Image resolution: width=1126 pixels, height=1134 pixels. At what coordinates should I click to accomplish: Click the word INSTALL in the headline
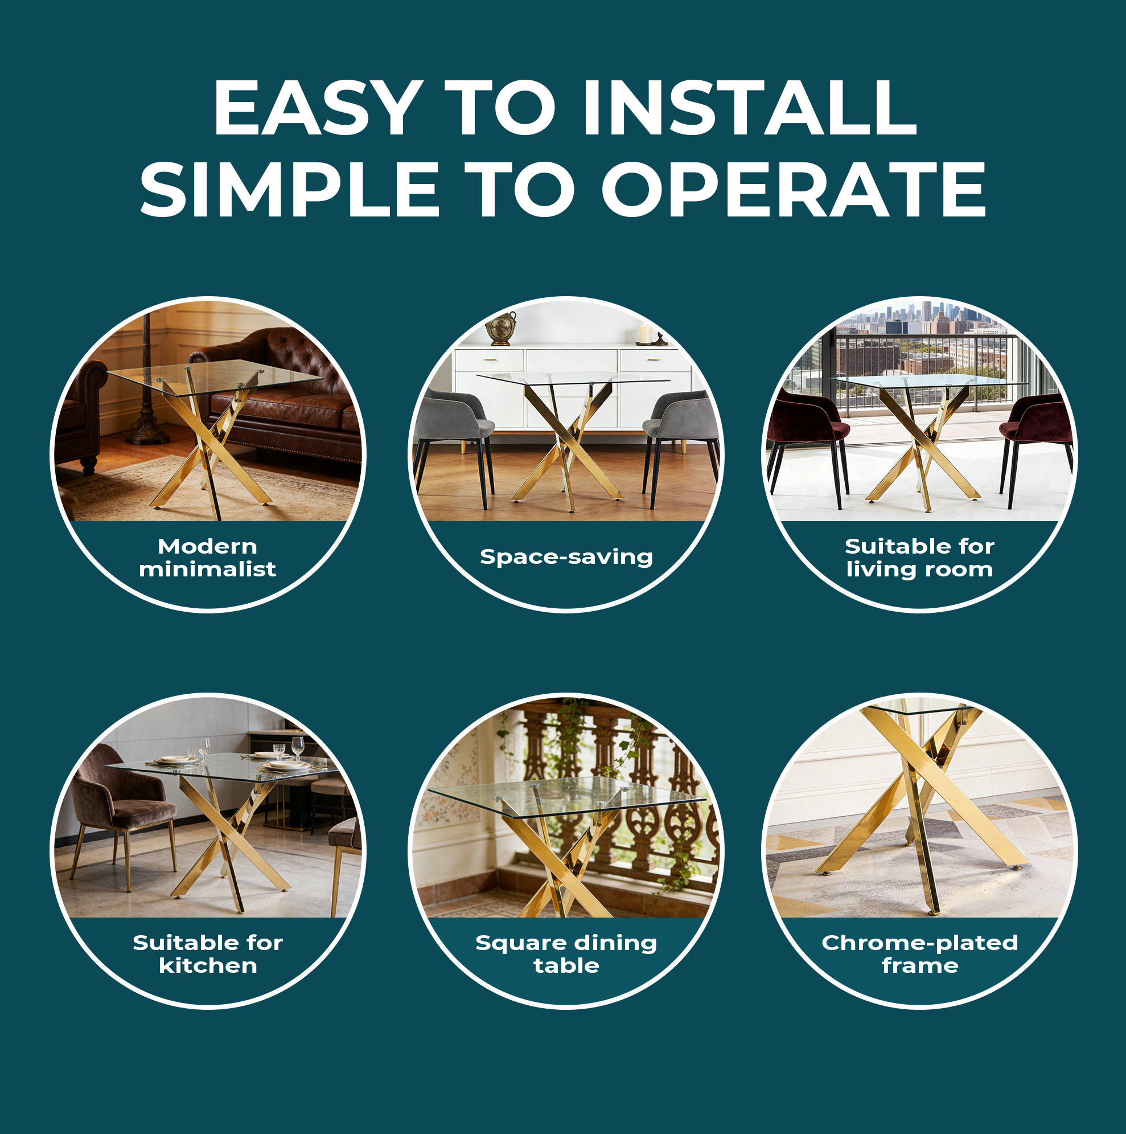pyautogui.click(x=749, y=108)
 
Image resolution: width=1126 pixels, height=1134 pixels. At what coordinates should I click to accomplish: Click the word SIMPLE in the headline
pyautogui.click(x=289, y=189)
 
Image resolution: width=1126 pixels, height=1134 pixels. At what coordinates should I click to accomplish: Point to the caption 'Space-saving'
pyautogui.click(x=566, y=556)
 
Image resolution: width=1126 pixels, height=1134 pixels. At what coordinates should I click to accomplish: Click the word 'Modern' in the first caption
pyautogui.click(x=208, y=546)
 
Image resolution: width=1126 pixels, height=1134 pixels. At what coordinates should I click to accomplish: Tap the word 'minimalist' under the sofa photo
pyautogui.click(x=208, y=569)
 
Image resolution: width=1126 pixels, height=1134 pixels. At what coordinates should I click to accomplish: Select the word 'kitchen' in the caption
pyautogui.click(x=208, y=965)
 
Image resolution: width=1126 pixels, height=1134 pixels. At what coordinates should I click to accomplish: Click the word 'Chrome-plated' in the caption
pyautogui.click(x=919, y=943)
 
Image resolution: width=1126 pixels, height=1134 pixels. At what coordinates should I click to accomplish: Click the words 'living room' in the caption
pyautogui.click(x=919, y=569)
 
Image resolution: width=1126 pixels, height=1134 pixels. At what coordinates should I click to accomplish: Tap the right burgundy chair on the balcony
pyautogui.click(x=1035, y=440)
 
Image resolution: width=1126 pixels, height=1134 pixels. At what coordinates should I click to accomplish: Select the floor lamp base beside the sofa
pyautogui.click(x=147, y=435)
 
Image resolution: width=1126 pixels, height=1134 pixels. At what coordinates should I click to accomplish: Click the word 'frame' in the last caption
pyautogui.click(x=919, y=965)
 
